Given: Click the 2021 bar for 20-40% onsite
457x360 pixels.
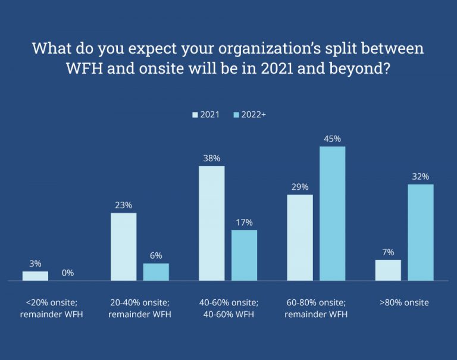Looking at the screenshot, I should click(x=124, y=246).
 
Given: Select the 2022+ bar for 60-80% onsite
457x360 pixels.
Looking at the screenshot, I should click(x=333, y=213).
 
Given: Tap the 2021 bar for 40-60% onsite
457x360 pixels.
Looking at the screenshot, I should click(x=212, y=223).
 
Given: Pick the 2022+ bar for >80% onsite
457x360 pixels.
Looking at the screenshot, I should click(x=421, y=232).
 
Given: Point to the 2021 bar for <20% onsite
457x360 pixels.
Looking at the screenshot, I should click(x=35, y=276).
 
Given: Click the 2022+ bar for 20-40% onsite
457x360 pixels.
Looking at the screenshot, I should click(x=156, y=272).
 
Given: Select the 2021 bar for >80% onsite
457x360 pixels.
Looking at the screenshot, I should click(x=388, y=270).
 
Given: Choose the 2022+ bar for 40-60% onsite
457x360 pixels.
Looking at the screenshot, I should click(x=244, y=255).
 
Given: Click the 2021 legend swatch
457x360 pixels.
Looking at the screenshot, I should click(x=195, y=114).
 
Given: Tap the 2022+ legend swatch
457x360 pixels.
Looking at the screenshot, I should click(x=236, y=114).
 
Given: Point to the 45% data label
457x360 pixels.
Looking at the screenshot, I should click(x=333, y=139).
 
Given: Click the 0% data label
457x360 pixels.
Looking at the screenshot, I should click(x=68, y=273).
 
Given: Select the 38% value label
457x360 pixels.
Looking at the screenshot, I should click(x=212, y=158).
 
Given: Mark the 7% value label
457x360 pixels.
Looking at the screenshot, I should click(x=388, y=252).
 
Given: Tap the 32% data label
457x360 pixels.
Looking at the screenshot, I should click(x=421, y=177).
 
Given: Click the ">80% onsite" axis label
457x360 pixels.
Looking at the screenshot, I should click(x=404, y=303).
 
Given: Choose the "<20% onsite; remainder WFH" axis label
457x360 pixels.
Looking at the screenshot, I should click(x=51, y=308).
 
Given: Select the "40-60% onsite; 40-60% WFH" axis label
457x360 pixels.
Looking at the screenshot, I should click(x=228, y=308).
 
